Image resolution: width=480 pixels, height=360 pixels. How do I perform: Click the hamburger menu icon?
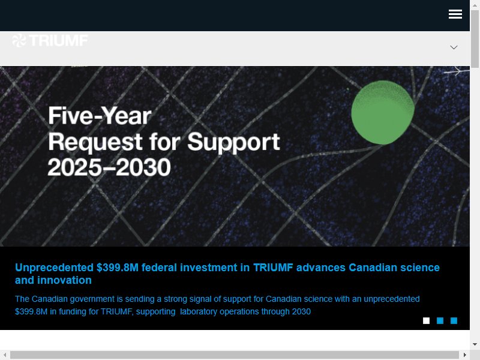455,14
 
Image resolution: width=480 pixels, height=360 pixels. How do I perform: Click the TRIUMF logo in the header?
50,40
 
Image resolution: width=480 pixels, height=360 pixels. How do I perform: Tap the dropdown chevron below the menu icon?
454,47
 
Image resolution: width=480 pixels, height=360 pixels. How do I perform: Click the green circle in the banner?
383,112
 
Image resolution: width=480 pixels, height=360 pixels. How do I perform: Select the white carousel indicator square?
426,320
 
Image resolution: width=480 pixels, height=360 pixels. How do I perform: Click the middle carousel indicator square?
440,320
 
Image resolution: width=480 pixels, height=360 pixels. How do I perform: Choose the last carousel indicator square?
454,320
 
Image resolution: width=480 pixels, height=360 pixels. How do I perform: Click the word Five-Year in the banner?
100,116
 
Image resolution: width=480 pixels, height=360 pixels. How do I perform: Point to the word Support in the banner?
233,142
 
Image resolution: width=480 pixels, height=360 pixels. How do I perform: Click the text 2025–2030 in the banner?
109,167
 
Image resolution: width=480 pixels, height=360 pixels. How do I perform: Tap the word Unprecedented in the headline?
54,268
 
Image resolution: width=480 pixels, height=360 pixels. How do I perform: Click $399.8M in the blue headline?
118,268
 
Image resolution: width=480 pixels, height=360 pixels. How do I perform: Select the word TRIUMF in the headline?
273,268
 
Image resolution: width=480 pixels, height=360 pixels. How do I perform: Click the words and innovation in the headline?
53,280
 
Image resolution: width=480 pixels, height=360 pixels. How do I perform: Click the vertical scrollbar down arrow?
475,344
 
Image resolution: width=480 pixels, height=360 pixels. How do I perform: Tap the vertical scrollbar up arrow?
475,5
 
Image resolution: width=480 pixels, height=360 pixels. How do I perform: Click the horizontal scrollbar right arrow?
464,355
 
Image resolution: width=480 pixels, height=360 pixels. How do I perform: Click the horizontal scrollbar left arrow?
5,355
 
